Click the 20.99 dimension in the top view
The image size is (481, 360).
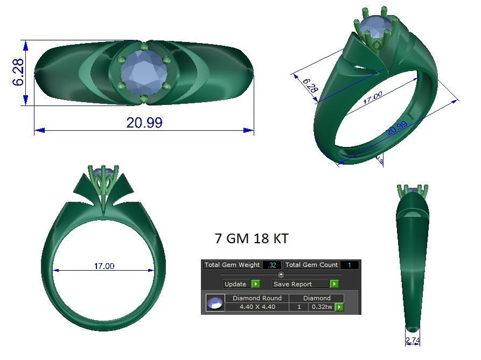144,123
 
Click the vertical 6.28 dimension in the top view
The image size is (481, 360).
18,72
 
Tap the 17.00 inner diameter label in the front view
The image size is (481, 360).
104,266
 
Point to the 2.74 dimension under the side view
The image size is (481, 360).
413,341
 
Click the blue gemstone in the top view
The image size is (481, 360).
142,72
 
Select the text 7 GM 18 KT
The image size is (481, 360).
252,238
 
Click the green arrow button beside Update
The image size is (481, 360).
255,284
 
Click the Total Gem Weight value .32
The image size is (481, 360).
272,265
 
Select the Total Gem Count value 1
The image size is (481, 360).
349,265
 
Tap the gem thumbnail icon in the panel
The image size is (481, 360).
215,303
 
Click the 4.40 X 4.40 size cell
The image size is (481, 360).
257,307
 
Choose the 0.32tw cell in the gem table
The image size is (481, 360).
321,307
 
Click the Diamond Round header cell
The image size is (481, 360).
257,298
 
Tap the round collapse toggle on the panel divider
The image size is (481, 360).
281,274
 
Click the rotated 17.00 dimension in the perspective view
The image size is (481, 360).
372,97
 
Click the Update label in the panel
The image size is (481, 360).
235,284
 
